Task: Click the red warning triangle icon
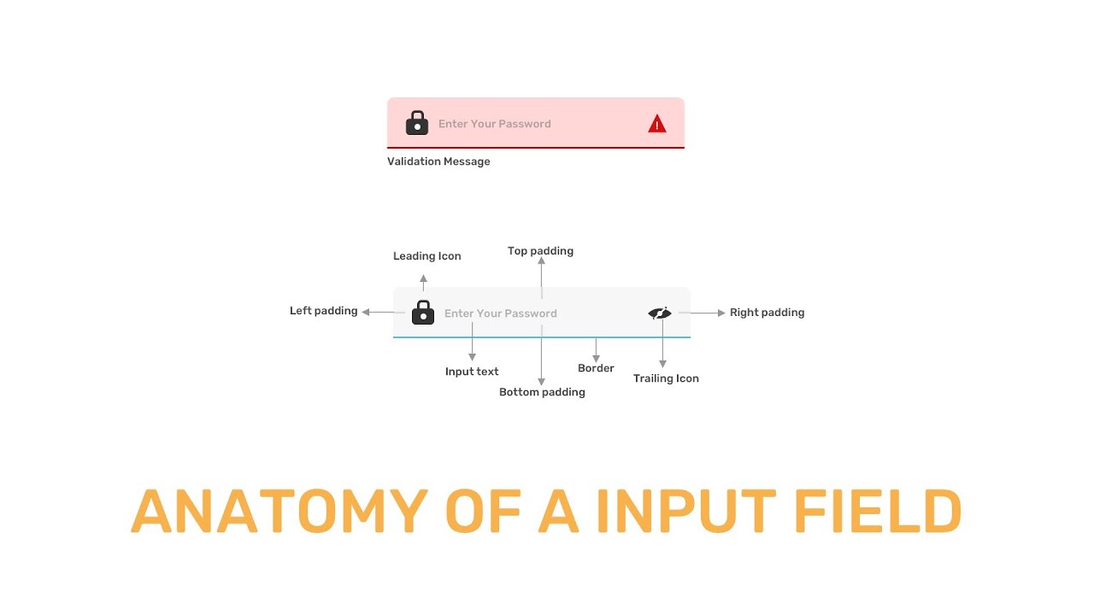[x=656, y=125]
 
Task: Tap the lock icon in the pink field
[x=416, y=123]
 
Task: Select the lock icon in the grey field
[x=423, y=313]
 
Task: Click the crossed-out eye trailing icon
[x=660, y=313]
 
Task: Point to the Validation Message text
[x=438, y=161]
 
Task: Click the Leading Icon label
[x=426, y=256]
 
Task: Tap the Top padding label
[x=540, y=251]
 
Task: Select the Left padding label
[x=323, y=311]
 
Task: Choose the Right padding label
[x=767, y=313]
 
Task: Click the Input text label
[x=472, y=372]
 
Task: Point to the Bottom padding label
[x=542, y=392]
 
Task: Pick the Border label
[x=596, y=368]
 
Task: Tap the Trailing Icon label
[x=666, y=378]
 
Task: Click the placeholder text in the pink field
[x=494, y=124]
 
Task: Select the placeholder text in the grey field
[x=500, y=313]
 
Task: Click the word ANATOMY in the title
[x=279, y=512]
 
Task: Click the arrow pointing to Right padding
[x=708, y=313]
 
